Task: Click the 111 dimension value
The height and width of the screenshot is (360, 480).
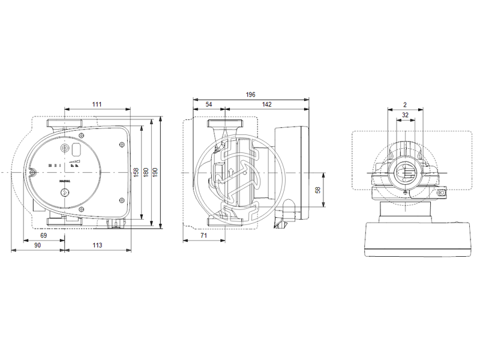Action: point(97,104)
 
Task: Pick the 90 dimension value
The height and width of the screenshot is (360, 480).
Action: point(37,245)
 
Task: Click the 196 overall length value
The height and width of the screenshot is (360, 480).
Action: point(250,94)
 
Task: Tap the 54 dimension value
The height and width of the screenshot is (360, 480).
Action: point(209,104)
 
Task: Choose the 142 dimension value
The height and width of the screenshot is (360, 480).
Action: point(266,104)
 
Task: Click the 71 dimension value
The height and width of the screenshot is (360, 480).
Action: point(203,236)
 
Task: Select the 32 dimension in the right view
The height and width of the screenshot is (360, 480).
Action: point(405,115)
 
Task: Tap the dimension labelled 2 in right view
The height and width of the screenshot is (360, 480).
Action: point(405,104)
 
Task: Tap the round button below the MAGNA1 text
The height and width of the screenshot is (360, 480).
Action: point(64,193)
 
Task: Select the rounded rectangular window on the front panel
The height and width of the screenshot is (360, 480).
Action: point(77,148)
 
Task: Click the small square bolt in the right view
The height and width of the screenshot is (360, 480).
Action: point(442,194)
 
